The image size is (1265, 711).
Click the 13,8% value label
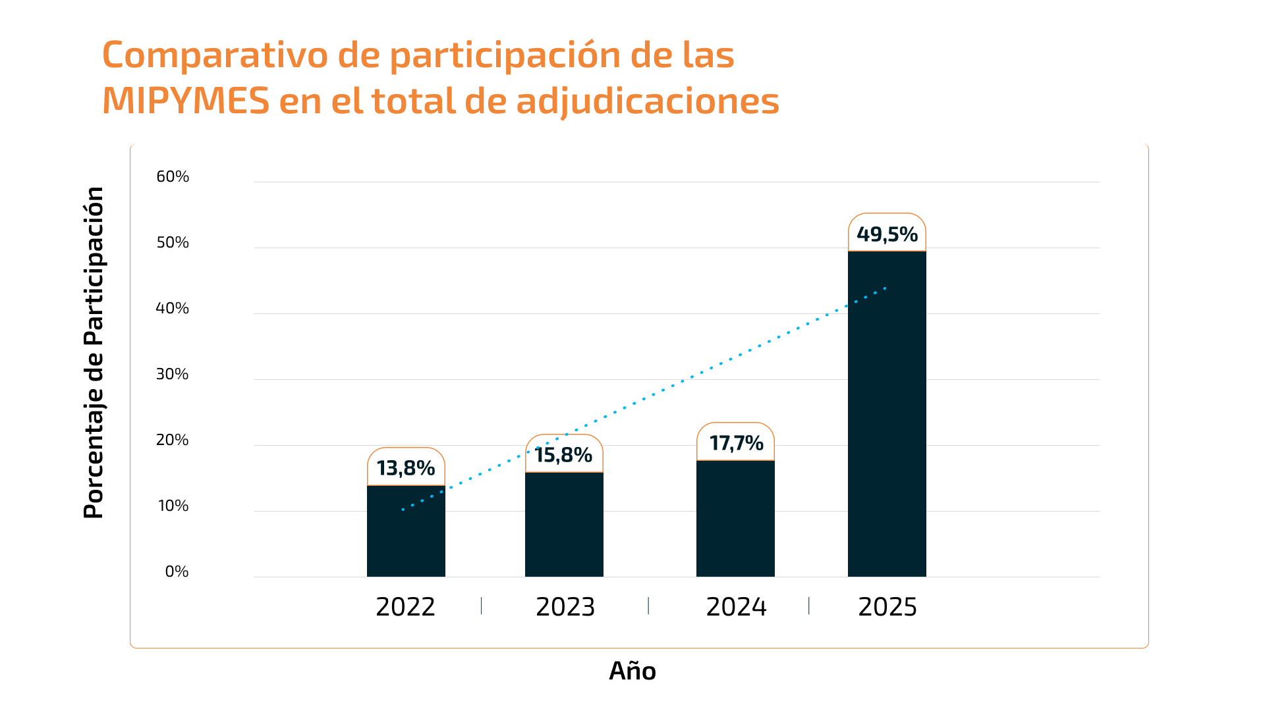[x=406, y=468]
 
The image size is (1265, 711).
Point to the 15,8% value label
[x=564, y=455]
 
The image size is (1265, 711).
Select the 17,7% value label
[x=736, y=443]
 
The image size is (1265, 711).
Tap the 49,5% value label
[x=887, y=234]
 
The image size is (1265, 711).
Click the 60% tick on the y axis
[x=173, y=176]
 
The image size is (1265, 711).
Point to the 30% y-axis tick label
[x=173, y=374]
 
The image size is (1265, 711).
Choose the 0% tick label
[x=177, y=571]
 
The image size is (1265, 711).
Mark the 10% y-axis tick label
[x=173, y=506]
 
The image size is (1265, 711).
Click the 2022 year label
[x=405, y=607]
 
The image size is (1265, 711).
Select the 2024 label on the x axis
[x=736, y=607]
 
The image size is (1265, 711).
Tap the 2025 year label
[x=887, y=607]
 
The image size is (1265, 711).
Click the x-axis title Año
[x=632, y=671]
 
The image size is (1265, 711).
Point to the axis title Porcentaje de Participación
[x=94, y=352]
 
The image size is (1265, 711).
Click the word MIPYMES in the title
[x=186, y=101]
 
